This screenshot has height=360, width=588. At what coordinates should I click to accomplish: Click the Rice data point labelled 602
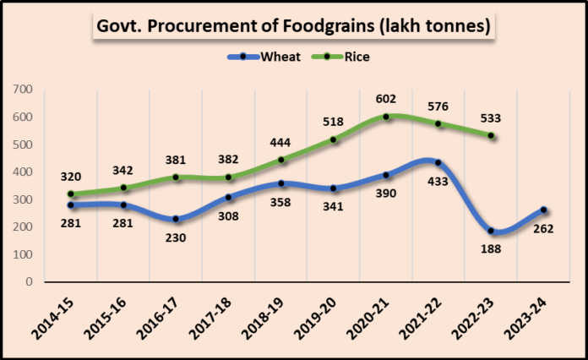[387, 117]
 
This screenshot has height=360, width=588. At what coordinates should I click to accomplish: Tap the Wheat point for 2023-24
[544, 210]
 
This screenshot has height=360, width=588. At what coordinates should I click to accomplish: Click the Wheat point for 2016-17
[176, 219]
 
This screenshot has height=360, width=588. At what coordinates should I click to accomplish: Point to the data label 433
[438, 181]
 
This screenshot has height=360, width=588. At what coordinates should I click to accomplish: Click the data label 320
[71, 177]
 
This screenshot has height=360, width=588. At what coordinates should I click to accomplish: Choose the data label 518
[333, 123]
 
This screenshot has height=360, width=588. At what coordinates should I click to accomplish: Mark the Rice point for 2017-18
[228, 177]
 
